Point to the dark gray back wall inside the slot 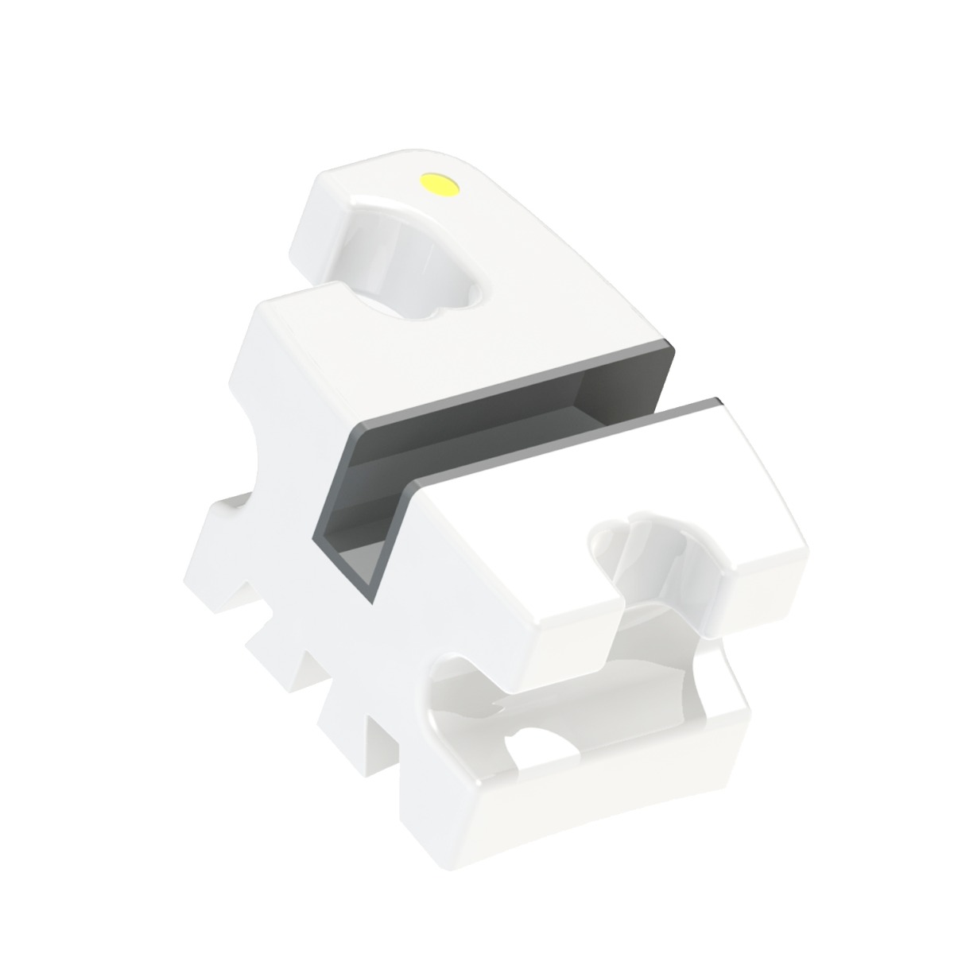click(x=493, y=421)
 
